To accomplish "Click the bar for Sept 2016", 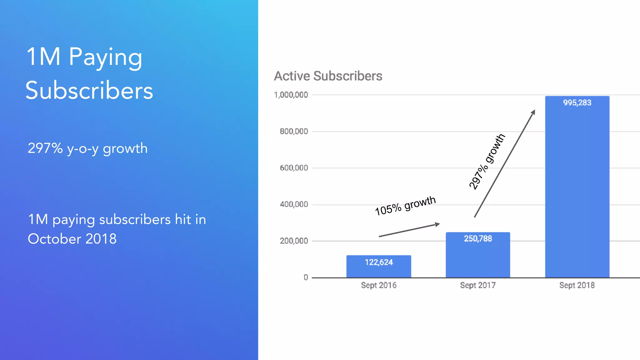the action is [379, 266].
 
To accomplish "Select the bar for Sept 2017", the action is [478, 255].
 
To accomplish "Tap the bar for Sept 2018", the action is [577, 187].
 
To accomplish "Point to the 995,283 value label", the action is [577, 103].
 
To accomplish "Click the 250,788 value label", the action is [478, 239].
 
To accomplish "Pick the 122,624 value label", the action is [379, 262].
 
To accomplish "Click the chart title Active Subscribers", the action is [328, 76].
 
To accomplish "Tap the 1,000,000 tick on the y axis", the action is [291, 95].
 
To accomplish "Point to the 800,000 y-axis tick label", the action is [294, 132].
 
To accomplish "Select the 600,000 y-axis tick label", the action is [294, 168].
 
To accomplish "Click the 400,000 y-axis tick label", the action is [294, 205].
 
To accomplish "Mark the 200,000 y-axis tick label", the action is [294, 241].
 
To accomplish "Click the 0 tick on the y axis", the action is [306, 277].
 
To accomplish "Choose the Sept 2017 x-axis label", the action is [478, 285].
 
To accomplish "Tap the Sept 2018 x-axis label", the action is [577, 285].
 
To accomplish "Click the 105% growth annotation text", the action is [405, 206].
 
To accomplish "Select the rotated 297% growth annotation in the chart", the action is [487, 162].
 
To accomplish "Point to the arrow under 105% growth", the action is [409, 230].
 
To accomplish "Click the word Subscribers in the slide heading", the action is [89, 90].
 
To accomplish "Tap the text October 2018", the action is [72, 239].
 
